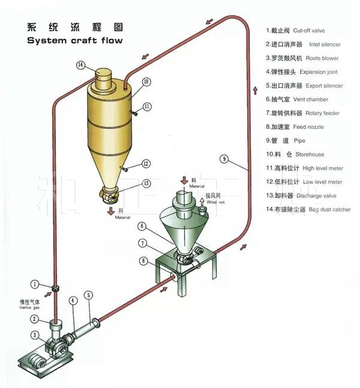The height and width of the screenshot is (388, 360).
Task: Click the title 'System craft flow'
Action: click(x=75, y=40)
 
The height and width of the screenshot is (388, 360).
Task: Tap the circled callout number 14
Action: click(x=80, y=65)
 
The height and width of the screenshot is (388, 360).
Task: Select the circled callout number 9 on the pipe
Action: click(x=224, y=159)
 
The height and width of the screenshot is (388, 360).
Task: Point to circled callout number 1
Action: click(x=35, y=284)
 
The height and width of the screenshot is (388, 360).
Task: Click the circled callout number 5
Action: click(x=89, y=295)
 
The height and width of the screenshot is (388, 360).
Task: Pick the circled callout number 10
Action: click(x=146, y=82)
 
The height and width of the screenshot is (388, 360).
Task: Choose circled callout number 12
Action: click(x=146, y=163)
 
